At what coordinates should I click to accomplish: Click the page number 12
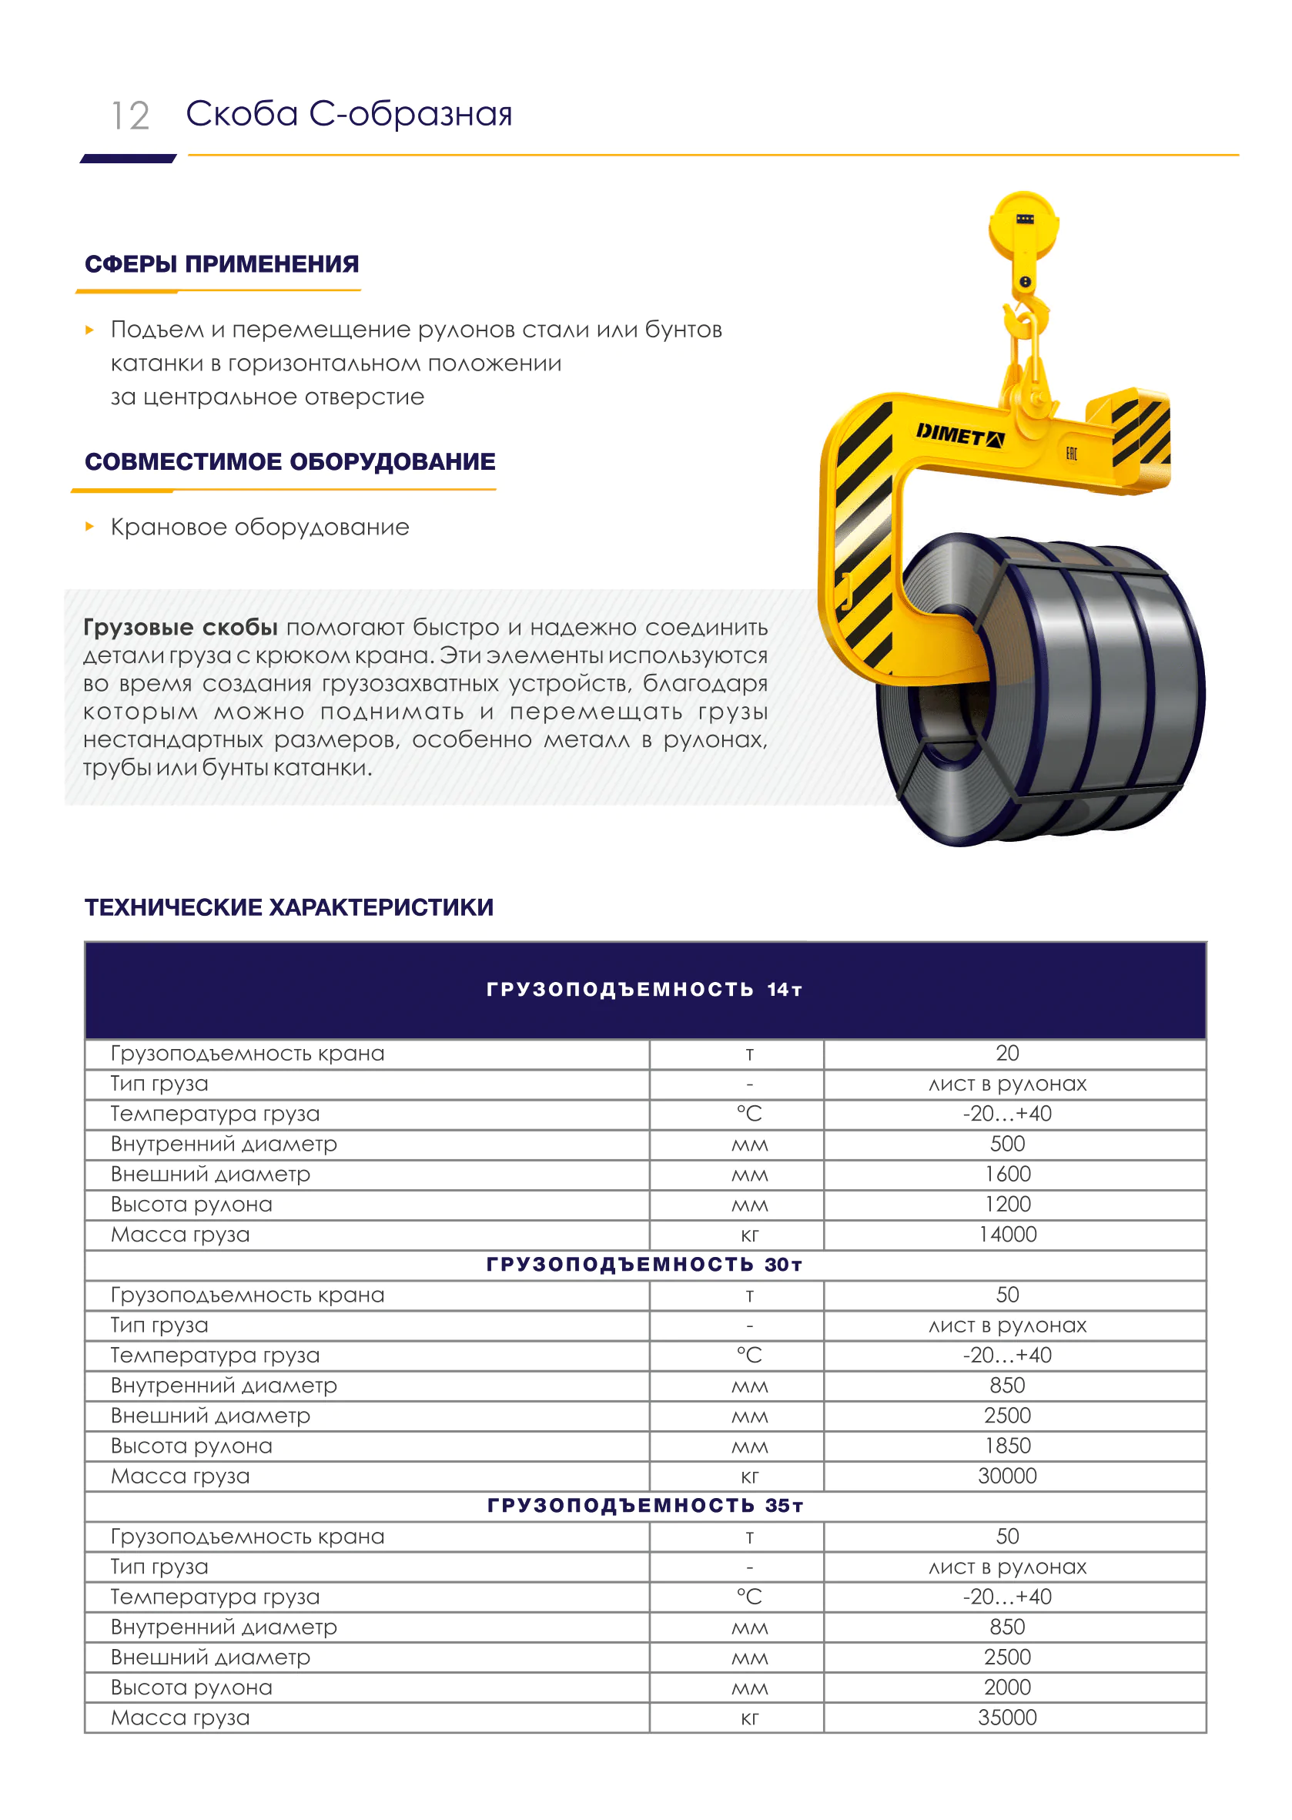(x=130, y=116)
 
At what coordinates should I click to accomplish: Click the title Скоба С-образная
(x=349, y=115)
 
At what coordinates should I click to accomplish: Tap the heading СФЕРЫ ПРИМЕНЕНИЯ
(x=222, y=264)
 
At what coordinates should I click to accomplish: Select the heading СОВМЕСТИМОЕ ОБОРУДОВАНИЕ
(x=290, y=461)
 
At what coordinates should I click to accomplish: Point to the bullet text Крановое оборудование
(x=259, y=527)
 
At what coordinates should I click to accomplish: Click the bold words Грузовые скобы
(x=181, y=627)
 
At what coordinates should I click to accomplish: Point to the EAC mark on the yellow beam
(x=1071, y=454)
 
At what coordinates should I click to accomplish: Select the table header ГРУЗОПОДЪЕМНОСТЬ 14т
(x=644, y=990)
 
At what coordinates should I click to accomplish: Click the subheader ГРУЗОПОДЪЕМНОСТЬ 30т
(x=644, y=1265)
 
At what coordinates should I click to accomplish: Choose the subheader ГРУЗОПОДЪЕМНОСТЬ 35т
(x=644, y=1506)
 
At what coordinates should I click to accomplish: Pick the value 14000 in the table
(x=1007, y=1235)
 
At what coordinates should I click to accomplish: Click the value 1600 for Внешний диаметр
(x=1007, y=1174)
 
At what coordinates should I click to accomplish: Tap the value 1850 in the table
(x=1007, y=1446)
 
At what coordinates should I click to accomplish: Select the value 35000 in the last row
(x=1007, y=1718)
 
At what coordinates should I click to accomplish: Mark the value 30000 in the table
(x=1007, y=1476)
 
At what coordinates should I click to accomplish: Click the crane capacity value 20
(x=1007, y=1054)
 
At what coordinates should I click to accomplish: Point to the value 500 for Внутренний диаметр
(x=1007, y=1144)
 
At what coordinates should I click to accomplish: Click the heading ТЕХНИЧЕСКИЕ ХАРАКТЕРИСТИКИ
(x=289, y=907)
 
